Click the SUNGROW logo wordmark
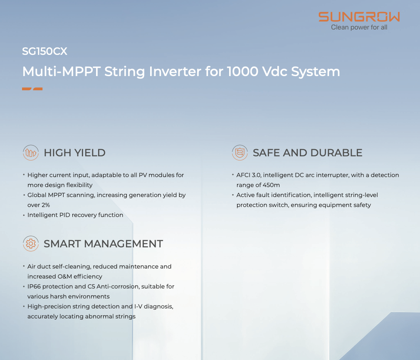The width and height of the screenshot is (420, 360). tap(359, 17)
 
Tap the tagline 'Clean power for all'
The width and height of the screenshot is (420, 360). tap(359, 27)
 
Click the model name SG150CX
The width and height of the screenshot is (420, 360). tap(44, 51)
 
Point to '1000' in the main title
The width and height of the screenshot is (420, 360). tap(243, 72)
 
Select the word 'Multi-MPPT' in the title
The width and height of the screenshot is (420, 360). tap(62, 72)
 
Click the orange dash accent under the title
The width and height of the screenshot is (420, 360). tap(32, 89)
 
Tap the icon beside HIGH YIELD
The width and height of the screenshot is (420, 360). tap(31, 153)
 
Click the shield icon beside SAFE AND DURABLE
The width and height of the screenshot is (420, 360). tap(240, 153)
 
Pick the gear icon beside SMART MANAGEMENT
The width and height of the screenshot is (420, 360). tap(31, 244)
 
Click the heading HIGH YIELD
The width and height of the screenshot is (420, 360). tap(74, 153)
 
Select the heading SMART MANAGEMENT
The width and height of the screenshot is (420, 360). tap(104, 244)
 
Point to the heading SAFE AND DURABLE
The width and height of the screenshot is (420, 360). tap(307, 153)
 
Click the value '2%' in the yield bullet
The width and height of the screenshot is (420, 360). tap(46, 205)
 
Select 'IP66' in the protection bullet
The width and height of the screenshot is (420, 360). tap(34, 286)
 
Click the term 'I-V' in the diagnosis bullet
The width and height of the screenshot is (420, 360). tap(138, 306)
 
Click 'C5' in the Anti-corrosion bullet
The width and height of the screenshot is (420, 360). tap(91, 286)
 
